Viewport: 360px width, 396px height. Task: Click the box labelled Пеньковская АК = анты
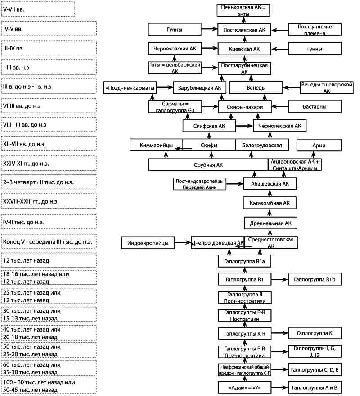pyautogui.click(x=243, y=10)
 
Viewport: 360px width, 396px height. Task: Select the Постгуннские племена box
pyautogui.click(x=315, y=30)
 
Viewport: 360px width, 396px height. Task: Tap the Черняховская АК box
pyautogui.click(x=175, y=49)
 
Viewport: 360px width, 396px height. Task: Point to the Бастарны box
pyautogui.click(x=315, y=106)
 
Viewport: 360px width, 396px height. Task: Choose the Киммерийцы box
pyautogui.click(x=157, y=145)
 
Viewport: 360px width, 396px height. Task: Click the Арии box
pyautogui.click(x=319, y=145)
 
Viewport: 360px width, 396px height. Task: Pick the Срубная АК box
pyautogui.click(x=208, y=165)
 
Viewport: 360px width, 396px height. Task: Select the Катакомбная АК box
pyautogui.click(x=270, y=203)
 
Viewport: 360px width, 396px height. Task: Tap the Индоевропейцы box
pyautogui.click(x=148, y=243)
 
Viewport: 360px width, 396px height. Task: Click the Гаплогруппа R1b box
pyautogui.click(x=315, y=279)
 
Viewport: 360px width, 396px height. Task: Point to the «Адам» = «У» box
pyautogui.click(x=244, y=387)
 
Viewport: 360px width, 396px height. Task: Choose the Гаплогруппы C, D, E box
pyautogui.click(x=315, y=370)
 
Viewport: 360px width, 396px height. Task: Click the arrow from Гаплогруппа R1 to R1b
pyautogui.click(x=279, y=279)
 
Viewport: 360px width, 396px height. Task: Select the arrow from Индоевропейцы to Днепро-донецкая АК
pyautogui.click(x=183, y=243)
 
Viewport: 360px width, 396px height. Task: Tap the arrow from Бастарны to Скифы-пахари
pyautogui.click(x=279, y=107)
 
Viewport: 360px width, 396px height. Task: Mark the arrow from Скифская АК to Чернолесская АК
pyautogui.click(x=244, y=126)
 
